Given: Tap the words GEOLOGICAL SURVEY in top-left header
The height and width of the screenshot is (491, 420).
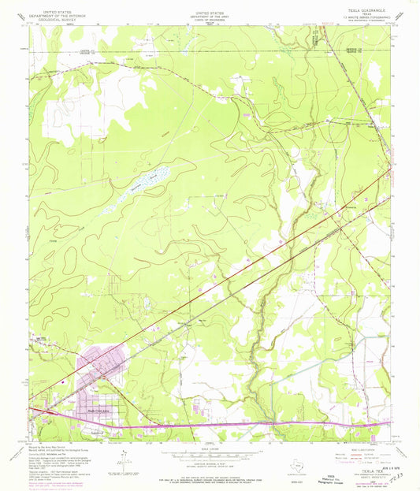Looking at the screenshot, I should [52, 19].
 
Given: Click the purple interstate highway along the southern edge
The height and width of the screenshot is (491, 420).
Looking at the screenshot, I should [236, 426].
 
